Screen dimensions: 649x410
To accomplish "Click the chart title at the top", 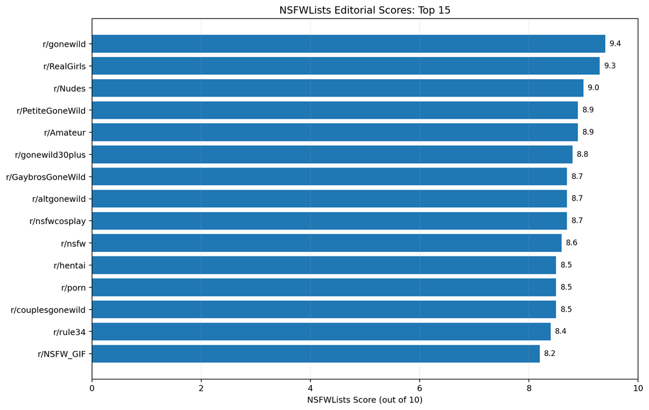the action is (364, 10).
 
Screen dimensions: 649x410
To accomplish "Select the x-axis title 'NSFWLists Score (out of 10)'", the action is (364, 400).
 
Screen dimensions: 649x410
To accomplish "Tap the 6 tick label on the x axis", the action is (420, 388).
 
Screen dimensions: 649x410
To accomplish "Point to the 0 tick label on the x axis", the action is (92, 388).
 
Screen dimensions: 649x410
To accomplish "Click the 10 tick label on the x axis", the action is (638, 388).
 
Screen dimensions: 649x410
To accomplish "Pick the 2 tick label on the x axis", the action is (201, 388).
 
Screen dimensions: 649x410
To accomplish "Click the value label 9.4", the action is (615, 44).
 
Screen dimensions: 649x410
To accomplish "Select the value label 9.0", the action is (593, 88).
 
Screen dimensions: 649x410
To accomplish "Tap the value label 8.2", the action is (549, 354).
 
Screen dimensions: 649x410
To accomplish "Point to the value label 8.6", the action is (572, 243).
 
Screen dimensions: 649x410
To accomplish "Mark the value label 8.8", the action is (582, 154).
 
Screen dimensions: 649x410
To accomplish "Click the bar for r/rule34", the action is (321, 332).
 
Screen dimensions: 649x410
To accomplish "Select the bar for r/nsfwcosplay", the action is (330, 220).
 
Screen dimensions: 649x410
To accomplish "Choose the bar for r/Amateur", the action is (335, 132).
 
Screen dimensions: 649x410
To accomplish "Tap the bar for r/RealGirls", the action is (345, 66).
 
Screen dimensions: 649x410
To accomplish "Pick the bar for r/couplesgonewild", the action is (324, 309).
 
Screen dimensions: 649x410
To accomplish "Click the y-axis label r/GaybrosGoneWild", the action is (46, 177).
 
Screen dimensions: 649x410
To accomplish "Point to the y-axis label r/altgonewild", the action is (59, 199).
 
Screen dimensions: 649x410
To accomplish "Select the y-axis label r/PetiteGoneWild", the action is (51, 110).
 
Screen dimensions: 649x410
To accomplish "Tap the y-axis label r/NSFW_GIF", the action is (61, 354).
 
